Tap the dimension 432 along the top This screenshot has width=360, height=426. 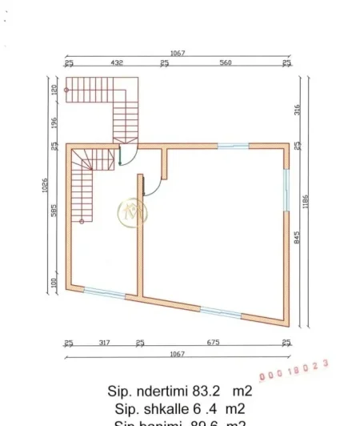(116, 62)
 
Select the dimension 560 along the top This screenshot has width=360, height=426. (226, 62)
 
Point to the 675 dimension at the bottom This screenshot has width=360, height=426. (213, 343)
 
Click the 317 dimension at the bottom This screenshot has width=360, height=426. (104, 343)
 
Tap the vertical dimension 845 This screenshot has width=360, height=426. (295, 238)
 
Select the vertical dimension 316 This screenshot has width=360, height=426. (295, 110)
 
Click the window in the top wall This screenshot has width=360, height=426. (233, 146)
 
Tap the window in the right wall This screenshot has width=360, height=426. (286, 189)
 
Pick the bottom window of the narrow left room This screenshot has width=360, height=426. (105, 293)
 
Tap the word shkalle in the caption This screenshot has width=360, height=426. (164, 410)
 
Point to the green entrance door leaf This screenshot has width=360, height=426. (121, 155)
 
